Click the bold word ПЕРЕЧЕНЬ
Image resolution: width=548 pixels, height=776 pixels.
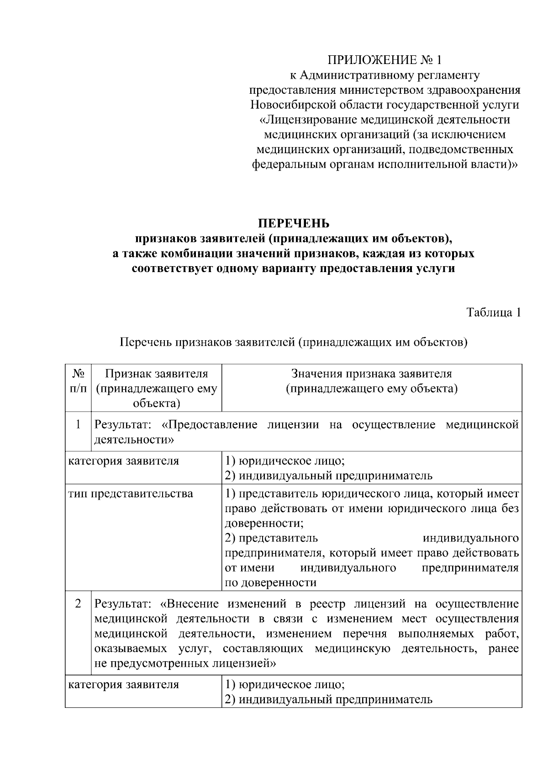coord(293,224)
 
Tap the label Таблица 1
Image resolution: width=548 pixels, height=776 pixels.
coord(493,312)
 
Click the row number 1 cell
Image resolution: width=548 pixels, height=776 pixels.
coord(78,425)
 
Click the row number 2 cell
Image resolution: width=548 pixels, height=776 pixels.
coord(78,604)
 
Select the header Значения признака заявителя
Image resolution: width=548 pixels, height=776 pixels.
coord(372,374)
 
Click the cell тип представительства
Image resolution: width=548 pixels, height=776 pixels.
coord(131,494)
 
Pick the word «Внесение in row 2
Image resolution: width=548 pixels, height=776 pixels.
coord(190,604)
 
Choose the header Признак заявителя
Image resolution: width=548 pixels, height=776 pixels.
coord(157,374)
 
